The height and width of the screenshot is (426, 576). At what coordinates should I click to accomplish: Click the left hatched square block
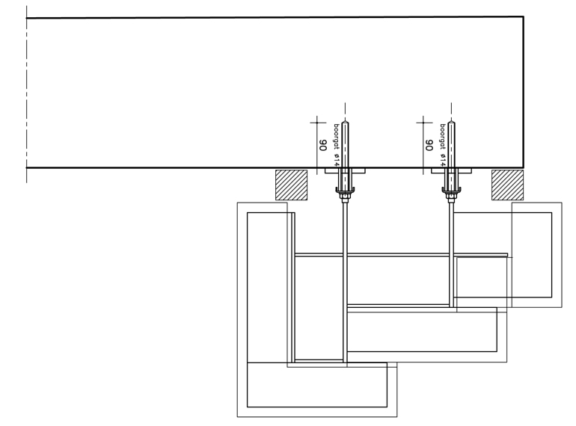[x=291, y=185]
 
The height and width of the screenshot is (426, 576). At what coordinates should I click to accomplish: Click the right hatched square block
[x=508, y=185]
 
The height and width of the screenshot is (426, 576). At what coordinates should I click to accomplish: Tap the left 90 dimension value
[x=322, y=145]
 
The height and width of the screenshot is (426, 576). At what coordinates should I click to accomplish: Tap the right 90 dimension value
[x=429, y=145]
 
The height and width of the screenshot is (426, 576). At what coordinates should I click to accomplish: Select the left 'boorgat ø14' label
[x=336, y=145]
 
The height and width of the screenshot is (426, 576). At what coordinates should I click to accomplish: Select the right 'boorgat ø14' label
[x=443, y=145]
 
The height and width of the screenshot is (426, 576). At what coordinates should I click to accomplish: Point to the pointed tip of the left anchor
[x=345, y=120]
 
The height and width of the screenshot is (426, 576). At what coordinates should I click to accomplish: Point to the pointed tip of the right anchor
[x=452, y=120]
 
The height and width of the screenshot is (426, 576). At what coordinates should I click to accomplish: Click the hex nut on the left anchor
[x=345, y=197]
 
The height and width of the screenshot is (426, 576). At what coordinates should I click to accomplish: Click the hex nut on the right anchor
[x=452, y=197]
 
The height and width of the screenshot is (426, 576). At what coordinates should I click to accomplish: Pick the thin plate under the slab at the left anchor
[x=345, y=170]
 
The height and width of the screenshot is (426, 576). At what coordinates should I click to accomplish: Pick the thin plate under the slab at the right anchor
[x=452, y=170]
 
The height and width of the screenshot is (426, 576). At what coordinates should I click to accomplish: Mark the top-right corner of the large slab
[x=524, y=16]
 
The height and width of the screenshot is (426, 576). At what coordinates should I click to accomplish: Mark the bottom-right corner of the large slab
[x=524, y=167]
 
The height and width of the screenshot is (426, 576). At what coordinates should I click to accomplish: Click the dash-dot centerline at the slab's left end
[x=26, y=94]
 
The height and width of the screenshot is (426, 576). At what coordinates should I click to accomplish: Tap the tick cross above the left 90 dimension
[x=317, y=122]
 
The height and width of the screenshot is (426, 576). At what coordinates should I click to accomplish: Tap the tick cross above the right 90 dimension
[x=423, y=122]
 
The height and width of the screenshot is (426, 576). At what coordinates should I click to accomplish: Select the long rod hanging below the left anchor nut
[x=345, y=283]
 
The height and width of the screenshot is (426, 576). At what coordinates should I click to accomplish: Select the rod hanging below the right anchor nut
[x=452, y=254]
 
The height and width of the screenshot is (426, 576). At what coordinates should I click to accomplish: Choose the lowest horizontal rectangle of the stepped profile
[x=317, y=385]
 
